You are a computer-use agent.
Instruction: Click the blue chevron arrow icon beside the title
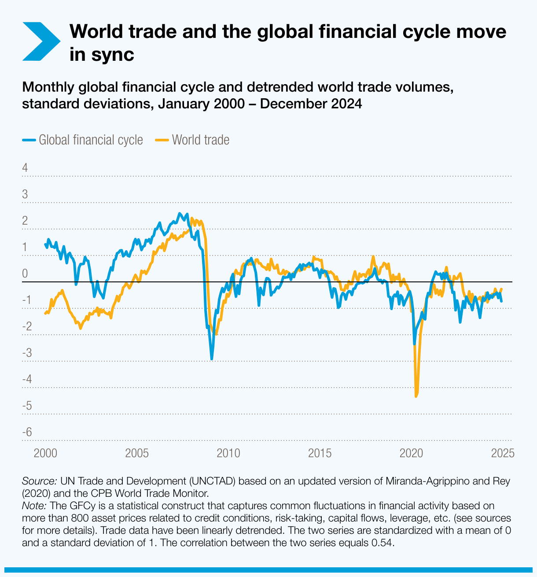(40, 41)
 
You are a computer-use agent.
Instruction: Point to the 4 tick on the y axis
(25, 168)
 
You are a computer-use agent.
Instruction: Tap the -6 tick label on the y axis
(27, 432)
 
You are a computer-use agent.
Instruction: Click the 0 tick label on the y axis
(25, 274)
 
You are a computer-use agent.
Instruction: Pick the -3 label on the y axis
(27, 353)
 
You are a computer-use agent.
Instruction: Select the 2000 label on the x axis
(45, 453)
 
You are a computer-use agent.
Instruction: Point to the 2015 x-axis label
(320, 453)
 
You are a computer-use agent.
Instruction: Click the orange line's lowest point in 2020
(416, 396)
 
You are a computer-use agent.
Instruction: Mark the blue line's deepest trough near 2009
(212, 359)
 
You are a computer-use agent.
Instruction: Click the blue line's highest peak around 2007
(179, 214)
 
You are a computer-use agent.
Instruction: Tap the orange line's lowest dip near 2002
(80, 328)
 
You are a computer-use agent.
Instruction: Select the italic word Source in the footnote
(39, 481)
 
